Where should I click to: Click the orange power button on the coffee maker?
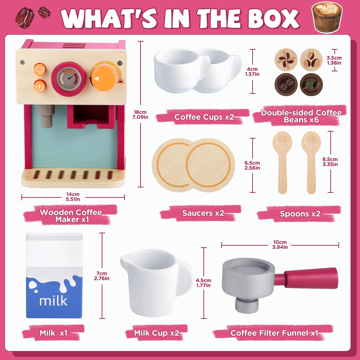click(x=40, y=86)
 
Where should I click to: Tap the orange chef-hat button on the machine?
click(x=40, y=69)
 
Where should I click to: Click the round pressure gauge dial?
click(x=69, y=79)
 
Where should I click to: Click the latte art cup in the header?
click(x=327, y=17)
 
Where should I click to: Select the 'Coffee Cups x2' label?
click(x=204, y=117)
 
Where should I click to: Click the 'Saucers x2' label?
click(x=203, y=213)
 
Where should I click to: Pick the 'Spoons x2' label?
click(x=300, y=214)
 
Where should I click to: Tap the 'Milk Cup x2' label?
click(x=157, y=333)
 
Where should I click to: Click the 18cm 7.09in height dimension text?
click(x=140, y=115)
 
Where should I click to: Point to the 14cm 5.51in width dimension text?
click(x=73, y=197)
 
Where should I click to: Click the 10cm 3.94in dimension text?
click(x=280, y=244)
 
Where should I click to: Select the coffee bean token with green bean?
click(x=311, y=85)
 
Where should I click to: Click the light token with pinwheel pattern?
click(x=286, y=60)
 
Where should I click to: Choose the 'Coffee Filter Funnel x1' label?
click(x=274, y=333)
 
